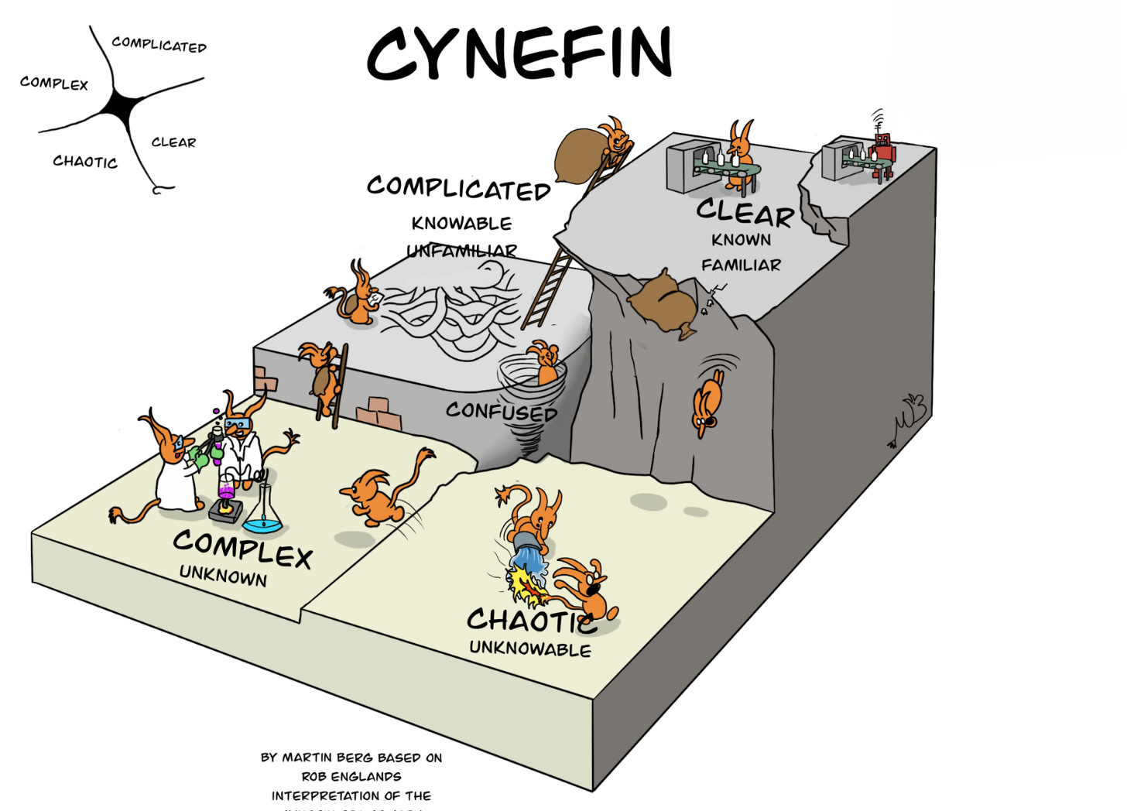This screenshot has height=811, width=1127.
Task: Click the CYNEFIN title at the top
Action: tap(519, 53)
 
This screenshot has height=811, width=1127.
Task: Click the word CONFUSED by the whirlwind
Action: tap(502, 411)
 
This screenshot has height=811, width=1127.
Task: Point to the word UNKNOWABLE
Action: tap(530, 648)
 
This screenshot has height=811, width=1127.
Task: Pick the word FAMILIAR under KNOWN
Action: tap(741, 265)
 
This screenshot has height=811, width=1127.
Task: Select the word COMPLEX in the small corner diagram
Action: tap(54, 83)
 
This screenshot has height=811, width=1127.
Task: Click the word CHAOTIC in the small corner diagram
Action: tap(85, 162)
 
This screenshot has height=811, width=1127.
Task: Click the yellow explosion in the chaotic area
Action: tap(525, 584)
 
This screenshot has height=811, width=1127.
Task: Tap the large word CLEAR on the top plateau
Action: tap(745, 212)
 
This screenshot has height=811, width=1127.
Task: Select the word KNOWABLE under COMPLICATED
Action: tap(461, 224)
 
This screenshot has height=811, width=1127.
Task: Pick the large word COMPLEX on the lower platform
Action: tap(242, 549)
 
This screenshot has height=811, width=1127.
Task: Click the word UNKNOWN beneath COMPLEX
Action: tap(223, 576)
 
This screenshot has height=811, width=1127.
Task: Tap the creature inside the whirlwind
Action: tap(543, 360)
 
